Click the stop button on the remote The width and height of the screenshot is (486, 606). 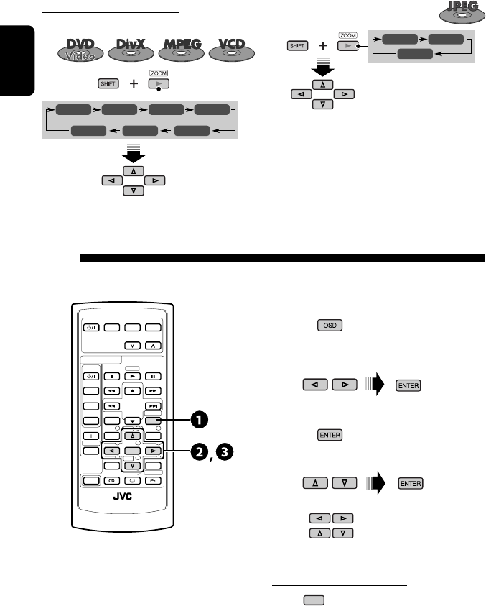111,375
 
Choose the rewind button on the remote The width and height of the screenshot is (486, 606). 111,390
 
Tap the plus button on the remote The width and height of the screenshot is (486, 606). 90,436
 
